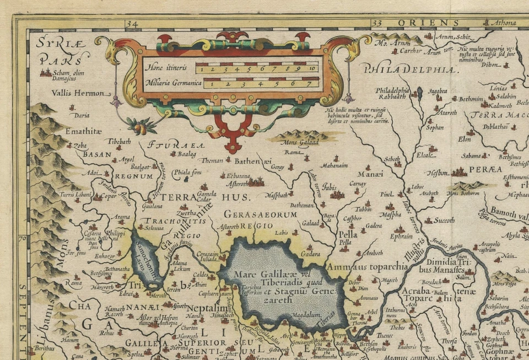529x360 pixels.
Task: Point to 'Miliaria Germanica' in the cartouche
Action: [x=171, y=84]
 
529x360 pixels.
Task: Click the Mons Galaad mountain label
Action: [x=299, y=143]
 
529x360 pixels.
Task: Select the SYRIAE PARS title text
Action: [x=55, y=50]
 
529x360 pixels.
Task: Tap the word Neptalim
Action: [x=207, y=308]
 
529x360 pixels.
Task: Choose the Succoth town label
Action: [x=444, y=220]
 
